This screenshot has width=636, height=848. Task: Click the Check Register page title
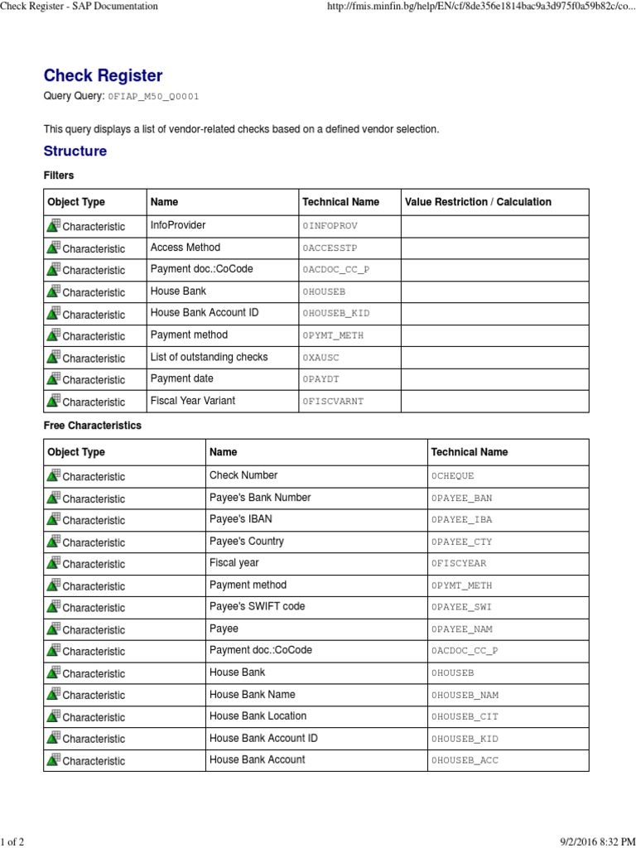click(x=103, y=75)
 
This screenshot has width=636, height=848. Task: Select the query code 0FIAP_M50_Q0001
click(x=153, y=97)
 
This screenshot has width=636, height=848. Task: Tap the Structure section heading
click(x=75, y=151)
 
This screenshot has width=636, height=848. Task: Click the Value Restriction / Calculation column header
click(x=478, y=202)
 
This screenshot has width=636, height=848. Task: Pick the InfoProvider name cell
click(x=178, y=225)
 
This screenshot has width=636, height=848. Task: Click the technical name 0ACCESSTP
click(x=330, y=248)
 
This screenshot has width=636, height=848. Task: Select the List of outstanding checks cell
click(x=209, y=357)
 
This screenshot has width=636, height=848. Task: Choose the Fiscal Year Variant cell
click(x=192, y=401)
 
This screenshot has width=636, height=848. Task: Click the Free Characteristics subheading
click(x=92, y=426)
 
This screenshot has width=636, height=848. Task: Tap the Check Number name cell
click(x=243, y=475)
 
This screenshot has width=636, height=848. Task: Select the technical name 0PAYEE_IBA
click(x=461, y=520)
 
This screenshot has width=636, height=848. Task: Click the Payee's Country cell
click(x=246, y=542)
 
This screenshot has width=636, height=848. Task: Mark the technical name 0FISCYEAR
click(x=459, y=564)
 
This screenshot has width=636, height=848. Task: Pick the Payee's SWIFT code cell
click(x=257, y=607)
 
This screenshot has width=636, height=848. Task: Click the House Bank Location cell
click(x=258, y=716)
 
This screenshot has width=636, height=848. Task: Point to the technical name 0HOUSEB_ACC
click(x=465, y=760)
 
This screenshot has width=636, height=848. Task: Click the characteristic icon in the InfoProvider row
click(x=53, y=225)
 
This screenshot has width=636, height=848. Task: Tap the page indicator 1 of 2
click(x=12, y=842)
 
